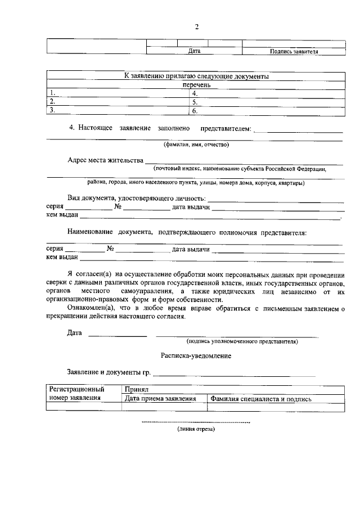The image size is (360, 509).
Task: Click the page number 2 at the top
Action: point(197,27)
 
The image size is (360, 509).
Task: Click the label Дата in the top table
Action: point(194,51)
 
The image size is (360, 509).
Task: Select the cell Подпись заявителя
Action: point(294,51)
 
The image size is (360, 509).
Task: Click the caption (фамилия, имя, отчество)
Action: point(195,144)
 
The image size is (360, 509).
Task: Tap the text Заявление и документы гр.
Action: point(109,372)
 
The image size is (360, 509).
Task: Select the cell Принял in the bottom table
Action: point(136,389)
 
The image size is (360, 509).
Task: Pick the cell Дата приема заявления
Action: point(160,398)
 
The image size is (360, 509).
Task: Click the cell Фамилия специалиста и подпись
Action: point(261,398)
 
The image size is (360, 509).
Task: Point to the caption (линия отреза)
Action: point(195,429)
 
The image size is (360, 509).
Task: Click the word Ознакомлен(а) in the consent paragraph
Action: point(90,309)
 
